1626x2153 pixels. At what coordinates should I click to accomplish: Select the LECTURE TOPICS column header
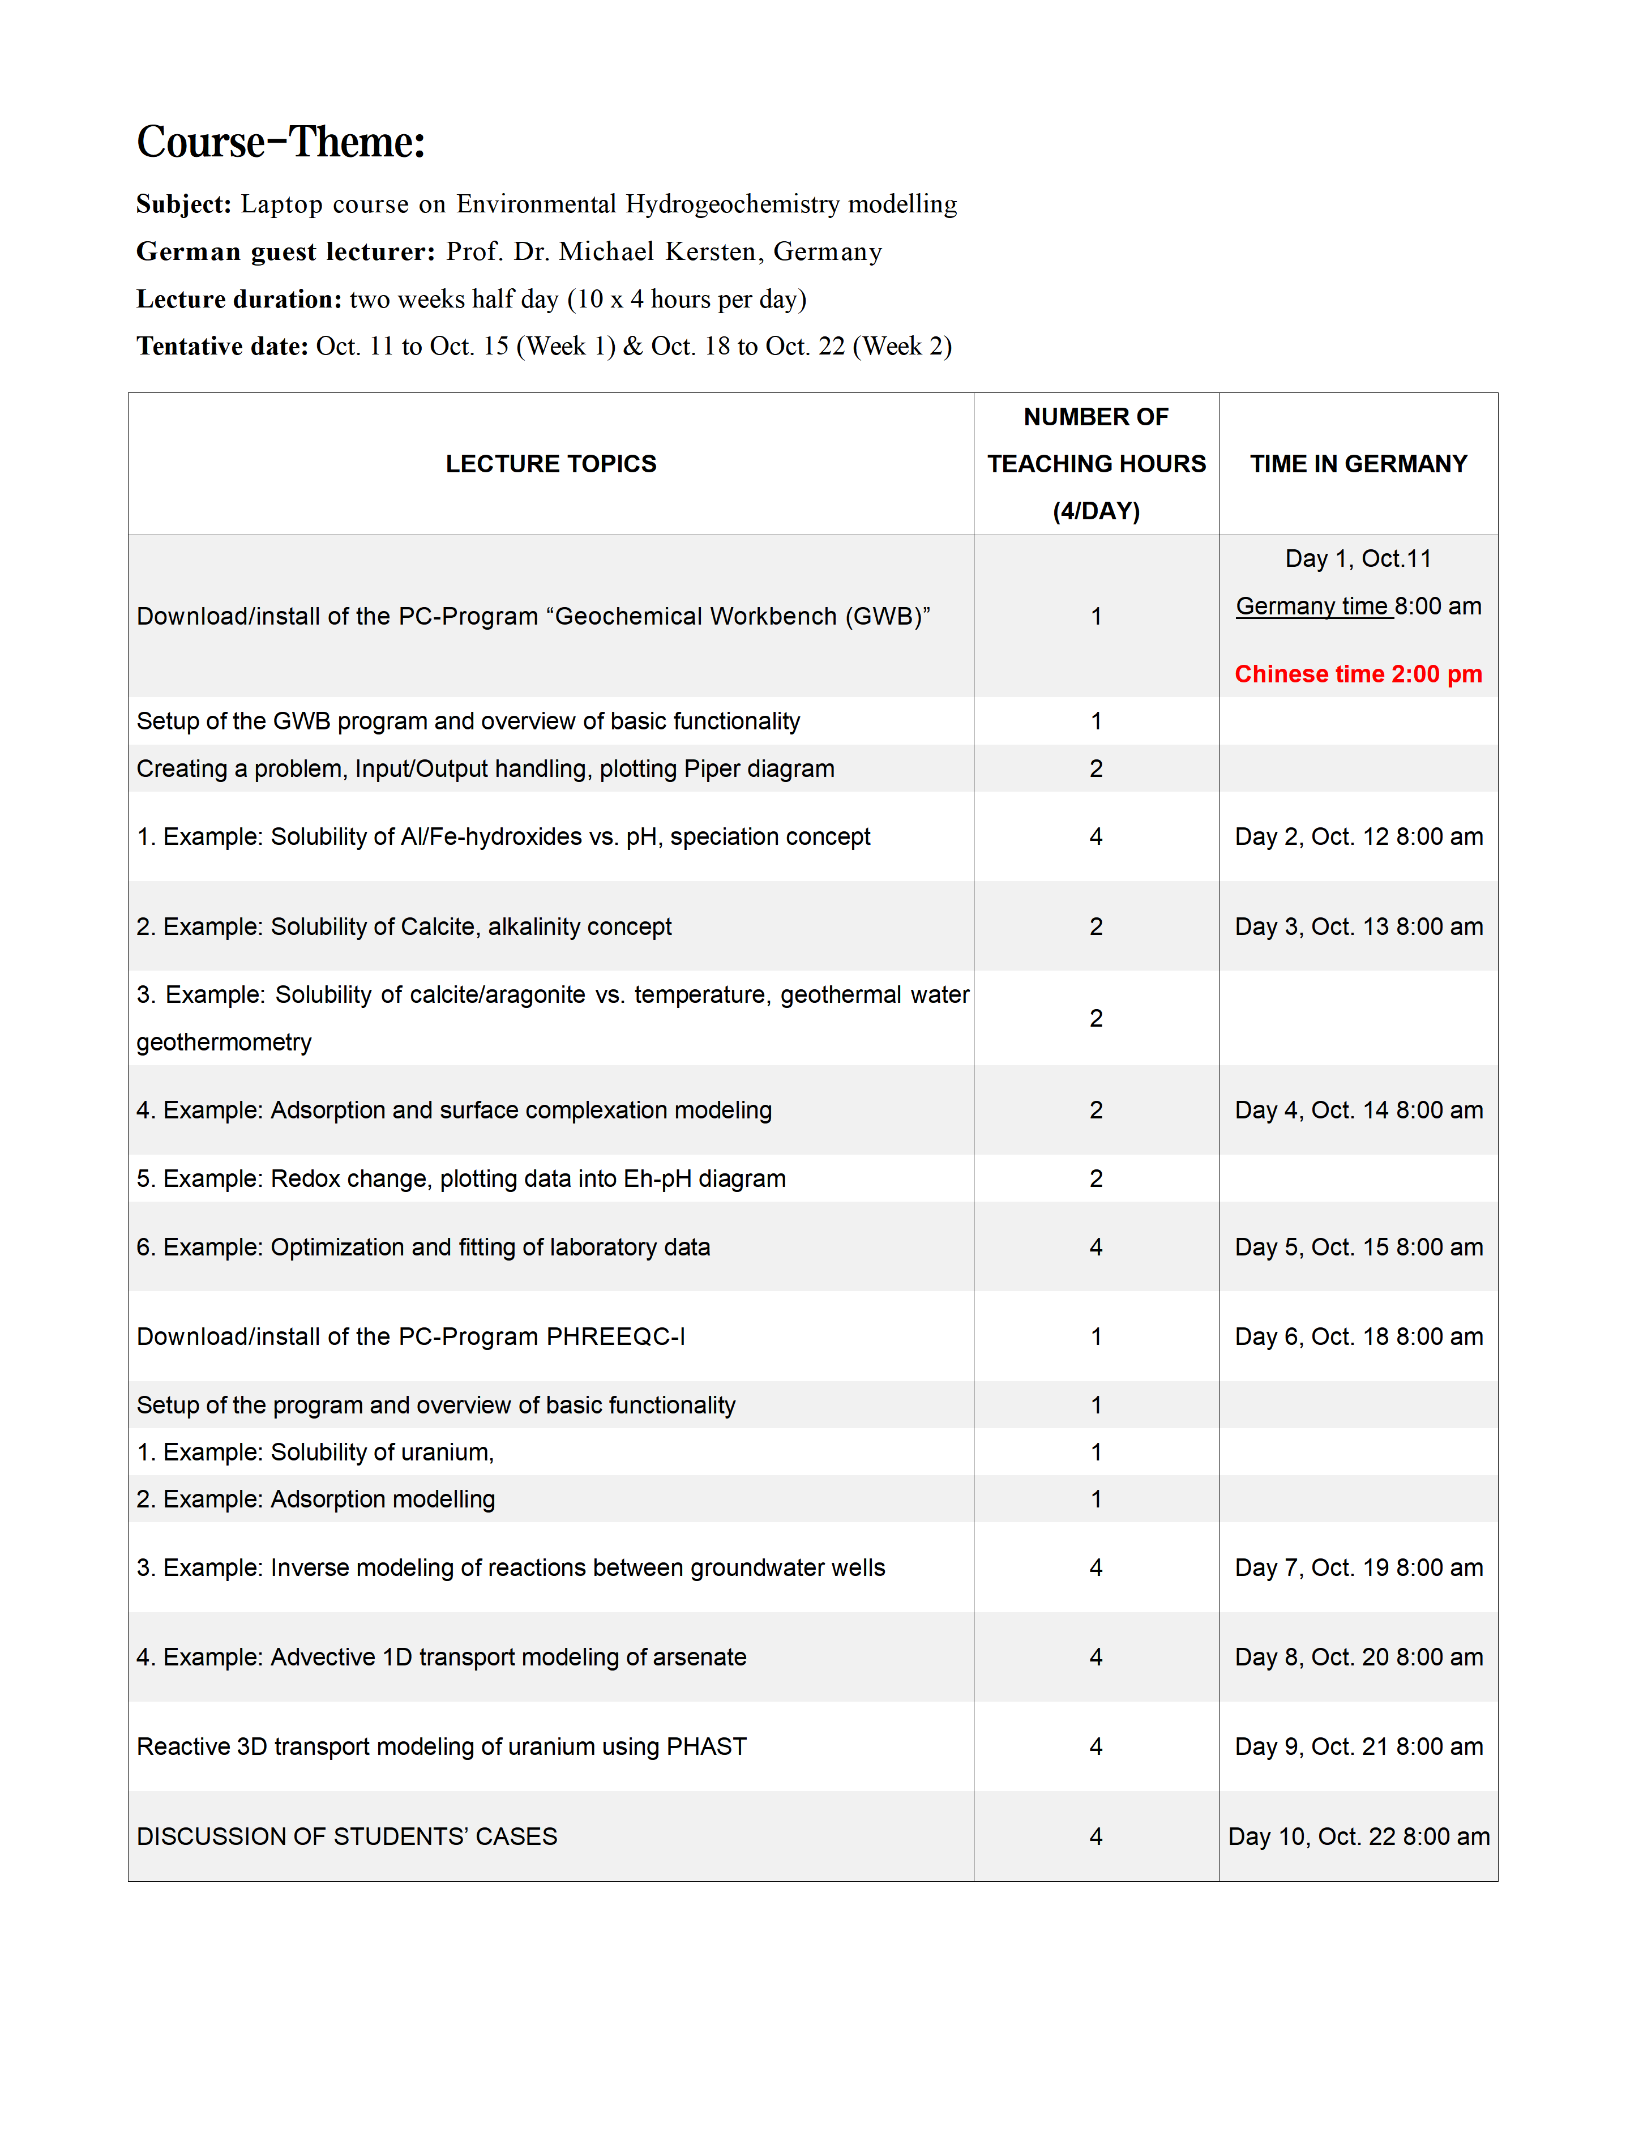click(x=551, y=464)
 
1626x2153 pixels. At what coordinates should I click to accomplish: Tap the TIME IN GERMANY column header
click(x=1358, y=464)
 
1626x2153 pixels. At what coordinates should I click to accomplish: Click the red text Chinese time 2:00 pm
click(x=1358, y=674)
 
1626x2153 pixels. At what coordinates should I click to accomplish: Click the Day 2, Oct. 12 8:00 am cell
click(x=1358, y=837)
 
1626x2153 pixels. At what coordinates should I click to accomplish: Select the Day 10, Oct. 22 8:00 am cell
click(x=1358, y=1836)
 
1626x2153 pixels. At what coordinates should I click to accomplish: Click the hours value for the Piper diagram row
click(x=1096, y=769)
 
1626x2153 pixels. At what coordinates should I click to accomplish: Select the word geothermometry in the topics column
click(x=224, y=1043)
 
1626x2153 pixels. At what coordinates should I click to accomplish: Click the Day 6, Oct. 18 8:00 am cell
click(x=1358, y=1336)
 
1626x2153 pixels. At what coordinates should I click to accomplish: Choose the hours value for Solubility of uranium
click(x=1096, y=1452)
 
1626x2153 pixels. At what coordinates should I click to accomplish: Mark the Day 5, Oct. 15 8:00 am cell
click(x=1358, y=1248)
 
